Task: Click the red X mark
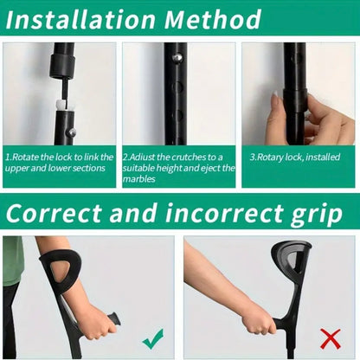330,337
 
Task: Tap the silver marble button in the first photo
72,132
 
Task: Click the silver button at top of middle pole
177,57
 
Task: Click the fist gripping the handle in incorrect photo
257,319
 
